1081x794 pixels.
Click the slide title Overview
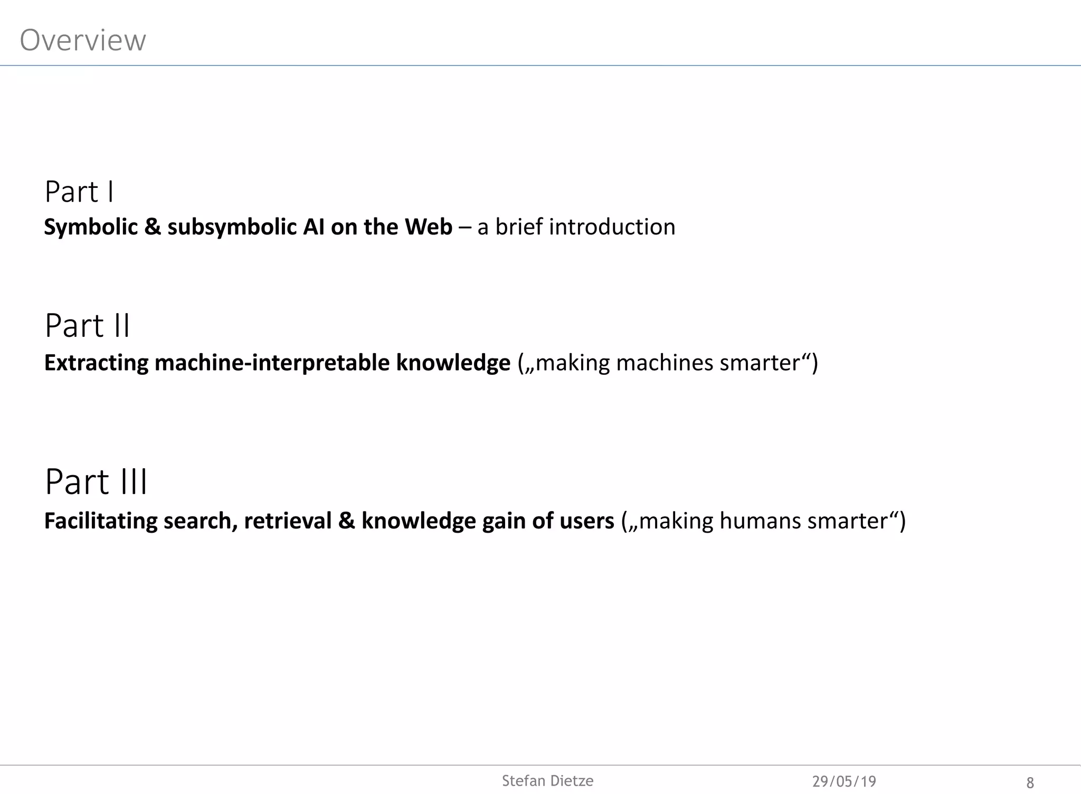tap(83, 40)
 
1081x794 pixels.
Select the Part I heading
tap(79, 192)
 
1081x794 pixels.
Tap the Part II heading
tap(87, 326)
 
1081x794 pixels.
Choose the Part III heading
tap(96, 482)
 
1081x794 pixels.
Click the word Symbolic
tap(90, 227)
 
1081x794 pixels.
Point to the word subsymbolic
tap(232, 227)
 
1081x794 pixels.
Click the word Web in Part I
tap(428, 227)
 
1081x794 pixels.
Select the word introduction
tap(612, 227)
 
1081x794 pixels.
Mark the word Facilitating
tap(100, 521)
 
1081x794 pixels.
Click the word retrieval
tap(287, 521)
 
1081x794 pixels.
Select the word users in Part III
tap(586, 521)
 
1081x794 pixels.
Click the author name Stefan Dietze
tap(547, 781)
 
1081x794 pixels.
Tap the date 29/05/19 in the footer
tap(844, 781)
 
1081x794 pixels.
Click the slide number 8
tap(1030, 782)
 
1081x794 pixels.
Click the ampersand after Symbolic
tap(152, 227)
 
